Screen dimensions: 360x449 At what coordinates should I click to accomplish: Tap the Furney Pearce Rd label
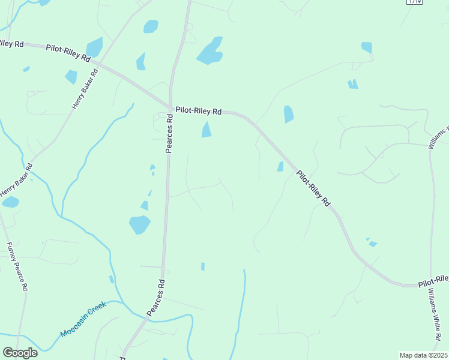17,266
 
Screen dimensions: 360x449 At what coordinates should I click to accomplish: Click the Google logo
20,353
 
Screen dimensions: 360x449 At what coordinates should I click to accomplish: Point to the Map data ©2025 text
423,355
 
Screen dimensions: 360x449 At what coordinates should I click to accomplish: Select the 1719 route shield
414,2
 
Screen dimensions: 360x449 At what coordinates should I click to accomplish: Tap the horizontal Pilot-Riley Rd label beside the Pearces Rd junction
198,111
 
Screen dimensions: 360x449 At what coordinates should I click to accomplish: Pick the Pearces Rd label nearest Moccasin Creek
156,298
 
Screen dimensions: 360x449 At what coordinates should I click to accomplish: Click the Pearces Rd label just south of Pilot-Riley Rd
170,134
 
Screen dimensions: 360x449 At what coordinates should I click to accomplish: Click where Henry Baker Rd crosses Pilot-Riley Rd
101,63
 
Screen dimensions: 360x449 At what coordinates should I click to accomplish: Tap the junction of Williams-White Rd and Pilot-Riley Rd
431,284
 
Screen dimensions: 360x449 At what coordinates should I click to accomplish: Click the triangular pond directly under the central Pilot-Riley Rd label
206,130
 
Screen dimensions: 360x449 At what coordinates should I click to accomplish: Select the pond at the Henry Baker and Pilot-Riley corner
94,47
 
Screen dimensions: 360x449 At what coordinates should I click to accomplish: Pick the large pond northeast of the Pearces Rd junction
209,51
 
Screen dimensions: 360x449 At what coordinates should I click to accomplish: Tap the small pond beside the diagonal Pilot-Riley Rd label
280,166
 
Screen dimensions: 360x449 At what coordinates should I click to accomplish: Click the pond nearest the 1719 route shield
367,47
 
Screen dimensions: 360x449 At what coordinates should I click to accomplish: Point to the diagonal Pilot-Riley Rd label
313,188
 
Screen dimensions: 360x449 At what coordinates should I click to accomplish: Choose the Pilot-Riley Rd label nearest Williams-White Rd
433,280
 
